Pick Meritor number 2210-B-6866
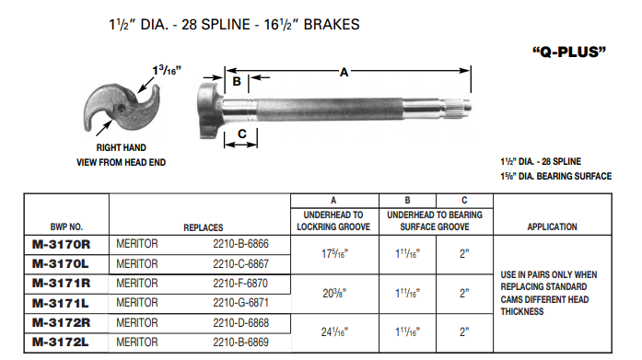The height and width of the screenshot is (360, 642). pos(242,244)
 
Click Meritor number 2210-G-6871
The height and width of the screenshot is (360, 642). pos(242,301)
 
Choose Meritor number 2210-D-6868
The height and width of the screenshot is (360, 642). pos(242,322)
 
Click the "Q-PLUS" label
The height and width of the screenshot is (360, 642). pos(569,52)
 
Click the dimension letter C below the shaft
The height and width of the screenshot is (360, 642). pos(241,134)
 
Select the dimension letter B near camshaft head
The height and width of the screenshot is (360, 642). pos(237,82)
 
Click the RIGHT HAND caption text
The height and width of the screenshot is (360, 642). pos(122,147)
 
